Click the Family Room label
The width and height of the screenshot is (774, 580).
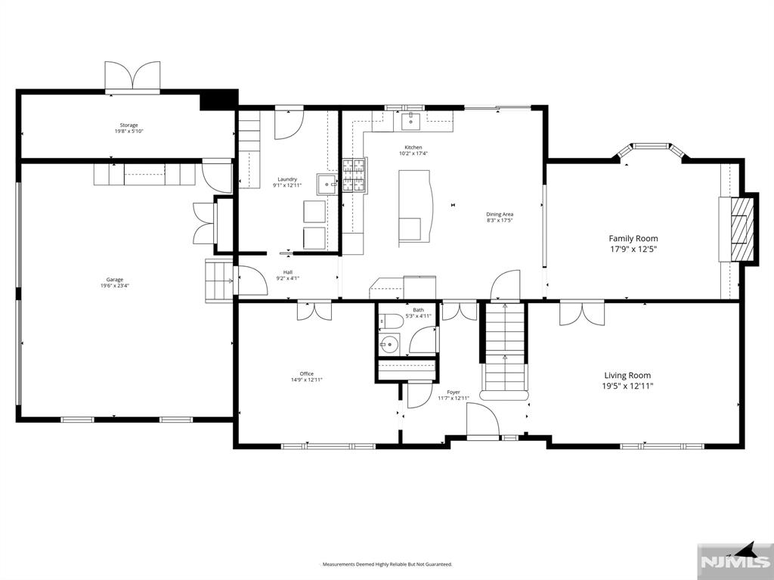(633, 238)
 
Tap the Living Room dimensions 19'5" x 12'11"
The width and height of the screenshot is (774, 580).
(627, 386)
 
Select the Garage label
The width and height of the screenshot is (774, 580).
(115, 280)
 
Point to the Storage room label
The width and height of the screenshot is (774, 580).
(128, 126)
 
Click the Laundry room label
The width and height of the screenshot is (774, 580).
(287, 179)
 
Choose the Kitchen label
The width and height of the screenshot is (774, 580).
(413, 147)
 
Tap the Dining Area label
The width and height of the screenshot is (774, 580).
(500, 214)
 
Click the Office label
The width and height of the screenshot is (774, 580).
(306, 374)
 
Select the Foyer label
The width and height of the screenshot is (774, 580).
(454, 392)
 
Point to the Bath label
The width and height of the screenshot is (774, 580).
(418, 310)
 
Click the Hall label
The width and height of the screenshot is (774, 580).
(287, 272)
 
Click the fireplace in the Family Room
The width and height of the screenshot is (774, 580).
(742, 229)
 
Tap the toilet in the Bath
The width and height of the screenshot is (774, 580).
(389, 321)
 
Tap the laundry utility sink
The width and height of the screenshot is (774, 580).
(327, 184)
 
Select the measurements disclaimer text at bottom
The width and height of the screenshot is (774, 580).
(387, 564)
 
